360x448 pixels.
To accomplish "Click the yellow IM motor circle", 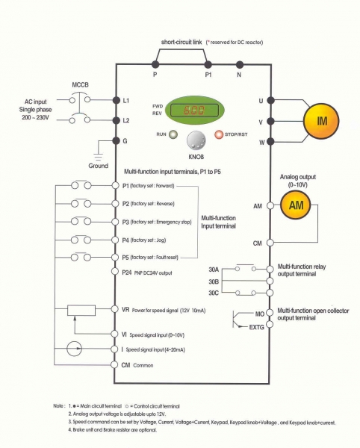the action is [321, 121].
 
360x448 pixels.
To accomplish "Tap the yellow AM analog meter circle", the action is [296, 205].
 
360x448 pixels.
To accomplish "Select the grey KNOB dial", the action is [196, 140].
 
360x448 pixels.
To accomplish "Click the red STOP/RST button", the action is [219, 134].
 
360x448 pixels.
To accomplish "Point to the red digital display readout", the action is [194, 110].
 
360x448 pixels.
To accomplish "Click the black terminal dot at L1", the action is [117, 100].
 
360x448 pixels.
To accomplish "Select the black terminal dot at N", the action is [240, 65].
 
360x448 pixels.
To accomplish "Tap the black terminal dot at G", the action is [116, 140].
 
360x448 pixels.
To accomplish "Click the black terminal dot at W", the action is [270, 141].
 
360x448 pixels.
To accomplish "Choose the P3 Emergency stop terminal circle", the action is [115, 222].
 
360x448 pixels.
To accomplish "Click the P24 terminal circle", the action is [115, 271].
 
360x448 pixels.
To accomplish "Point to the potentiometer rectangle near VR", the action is [81, 311].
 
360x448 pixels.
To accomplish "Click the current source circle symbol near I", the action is [74, 349].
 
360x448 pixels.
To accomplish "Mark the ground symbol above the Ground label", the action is [99, 157].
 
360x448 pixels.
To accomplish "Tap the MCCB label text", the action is [80, 85].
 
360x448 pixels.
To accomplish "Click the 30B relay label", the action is [214, 281].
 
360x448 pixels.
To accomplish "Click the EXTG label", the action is [257, 327].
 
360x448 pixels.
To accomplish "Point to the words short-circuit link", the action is [181, 42].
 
